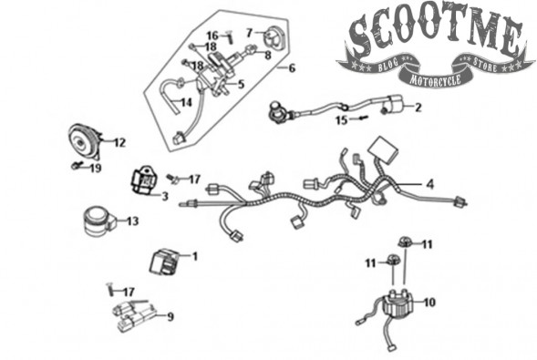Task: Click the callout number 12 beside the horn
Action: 119,142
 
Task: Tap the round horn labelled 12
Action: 84,141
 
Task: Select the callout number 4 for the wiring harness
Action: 429,184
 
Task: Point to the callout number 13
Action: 132,221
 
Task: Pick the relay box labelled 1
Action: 164,262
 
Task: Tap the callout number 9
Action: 170,317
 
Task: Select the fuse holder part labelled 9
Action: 133,314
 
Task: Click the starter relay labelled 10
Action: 398,303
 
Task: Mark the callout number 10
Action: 429,303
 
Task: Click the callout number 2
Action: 418,108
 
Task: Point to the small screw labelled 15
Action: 363,118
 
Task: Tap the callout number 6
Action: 292,68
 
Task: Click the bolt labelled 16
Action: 229,36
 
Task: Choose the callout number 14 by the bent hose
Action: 186,102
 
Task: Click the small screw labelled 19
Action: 75,166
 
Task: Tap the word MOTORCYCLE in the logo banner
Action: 436,79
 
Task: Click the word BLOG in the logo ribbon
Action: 388,65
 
